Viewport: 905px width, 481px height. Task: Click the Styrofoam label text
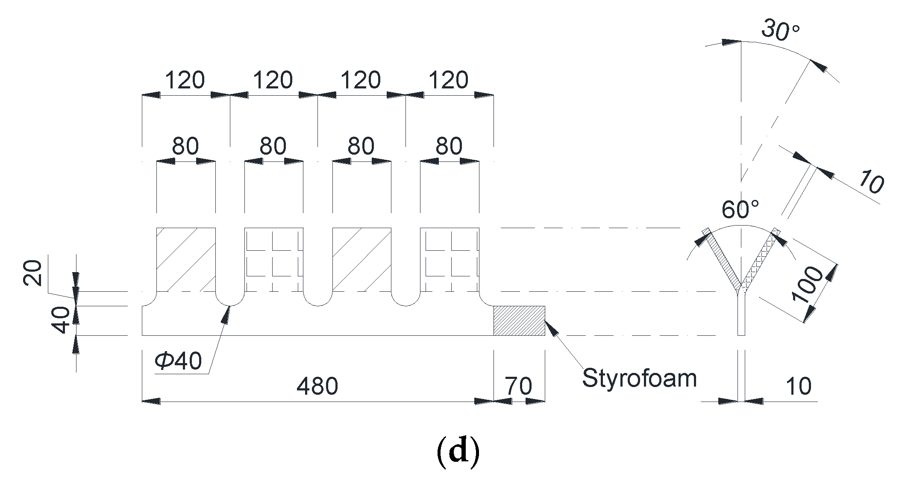coord(639,378)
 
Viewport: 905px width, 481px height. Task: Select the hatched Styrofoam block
coord(519,321)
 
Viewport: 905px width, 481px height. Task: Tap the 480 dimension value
coord(317,387)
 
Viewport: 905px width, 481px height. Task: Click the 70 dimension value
coord(519,387)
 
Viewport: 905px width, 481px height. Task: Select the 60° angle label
coord(740,210)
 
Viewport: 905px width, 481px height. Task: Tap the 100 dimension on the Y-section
coord(807,285)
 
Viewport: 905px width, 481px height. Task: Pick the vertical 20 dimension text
coord(33,273)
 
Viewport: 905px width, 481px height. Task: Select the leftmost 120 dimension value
coord(185,80)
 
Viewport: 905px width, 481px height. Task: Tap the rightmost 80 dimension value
coord(449,146)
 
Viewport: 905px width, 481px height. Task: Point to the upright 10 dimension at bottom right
coord(798,387)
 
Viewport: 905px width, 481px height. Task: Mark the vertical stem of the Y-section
coord(741,316)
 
